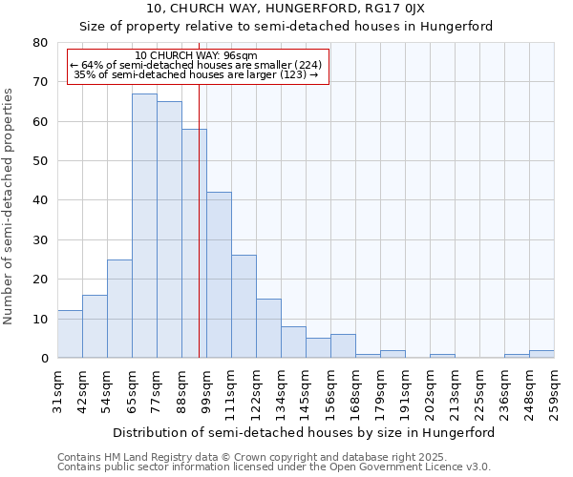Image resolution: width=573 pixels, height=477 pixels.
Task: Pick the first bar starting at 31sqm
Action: (70, 334)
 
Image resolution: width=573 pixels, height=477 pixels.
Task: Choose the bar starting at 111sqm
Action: (244, 306)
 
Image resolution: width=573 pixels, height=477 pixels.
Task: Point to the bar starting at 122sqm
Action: (268, 328)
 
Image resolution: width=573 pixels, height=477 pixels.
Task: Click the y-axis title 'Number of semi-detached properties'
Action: (10, 206)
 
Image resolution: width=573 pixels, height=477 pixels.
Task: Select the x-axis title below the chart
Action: (305, 432)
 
